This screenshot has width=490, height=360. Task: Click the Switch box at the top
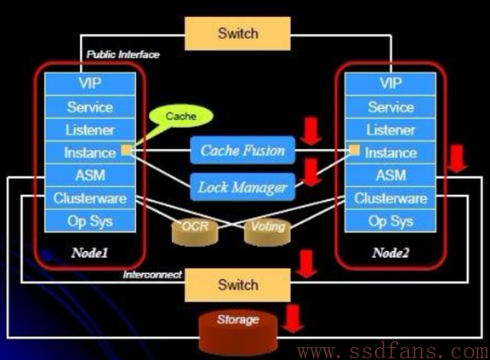pyautogui.click(x=237, y=33)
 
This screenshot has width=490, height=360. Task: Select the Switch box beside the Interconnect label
pyautogui.click(x=237, y=285)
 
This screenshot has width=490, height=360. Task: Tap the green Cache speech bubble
pyautogui.click(x=181, y=116)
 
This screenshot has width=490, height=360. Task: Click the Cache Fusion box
pyautogui.click(x=242, y=151)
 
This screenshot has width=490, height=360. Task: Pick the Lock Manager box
pyautogui.click(x=242, y=187)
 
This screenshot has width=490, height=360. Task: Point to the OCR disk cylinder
pyautogui.click(x=195, y=231)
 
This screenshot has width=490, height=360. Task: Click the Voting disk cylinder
pyautogui.click(x=267, y=231)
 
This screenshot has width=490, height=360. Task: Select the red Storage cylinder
pyautogui.click(x=238, y=332)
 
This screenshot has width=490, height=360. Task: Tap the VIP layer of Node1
pyautogui.click(x=90, y=83)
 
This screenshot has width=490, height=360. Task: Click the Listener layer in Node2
pyautogui.click(x=390, y=129)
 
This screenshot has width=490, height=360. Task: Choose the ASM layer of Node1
pyautogui.click(x=90, y=175)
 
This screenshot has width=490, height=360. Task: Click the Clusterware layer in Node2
pyautogui.click(x=390, y=198)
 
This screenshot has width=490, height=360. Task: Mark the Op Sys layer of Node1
pyautogui.click(x=90, y=221)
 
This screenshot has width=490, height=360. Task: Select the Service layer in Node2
pyautogui.click(x=390, y=107)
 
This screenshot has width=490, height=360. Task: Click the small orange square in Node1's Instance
pyautogui.click(x=126, y=150)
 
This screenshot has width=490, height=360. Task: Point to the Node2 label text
pyautogui.click(x=390, y=253)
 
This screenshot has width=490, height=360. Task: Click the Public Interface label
pyautogui.click(x=122, y=54)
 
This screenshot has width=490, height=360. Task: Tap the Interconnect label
pyautogui.click(x=152, y=274)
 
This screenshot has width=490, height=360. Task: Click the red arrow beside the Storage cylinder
pyautogui.click(x=293, y=319)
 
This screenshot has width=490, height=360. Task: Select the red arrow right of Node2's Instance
pyautogui.click(x=457, y=158)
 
